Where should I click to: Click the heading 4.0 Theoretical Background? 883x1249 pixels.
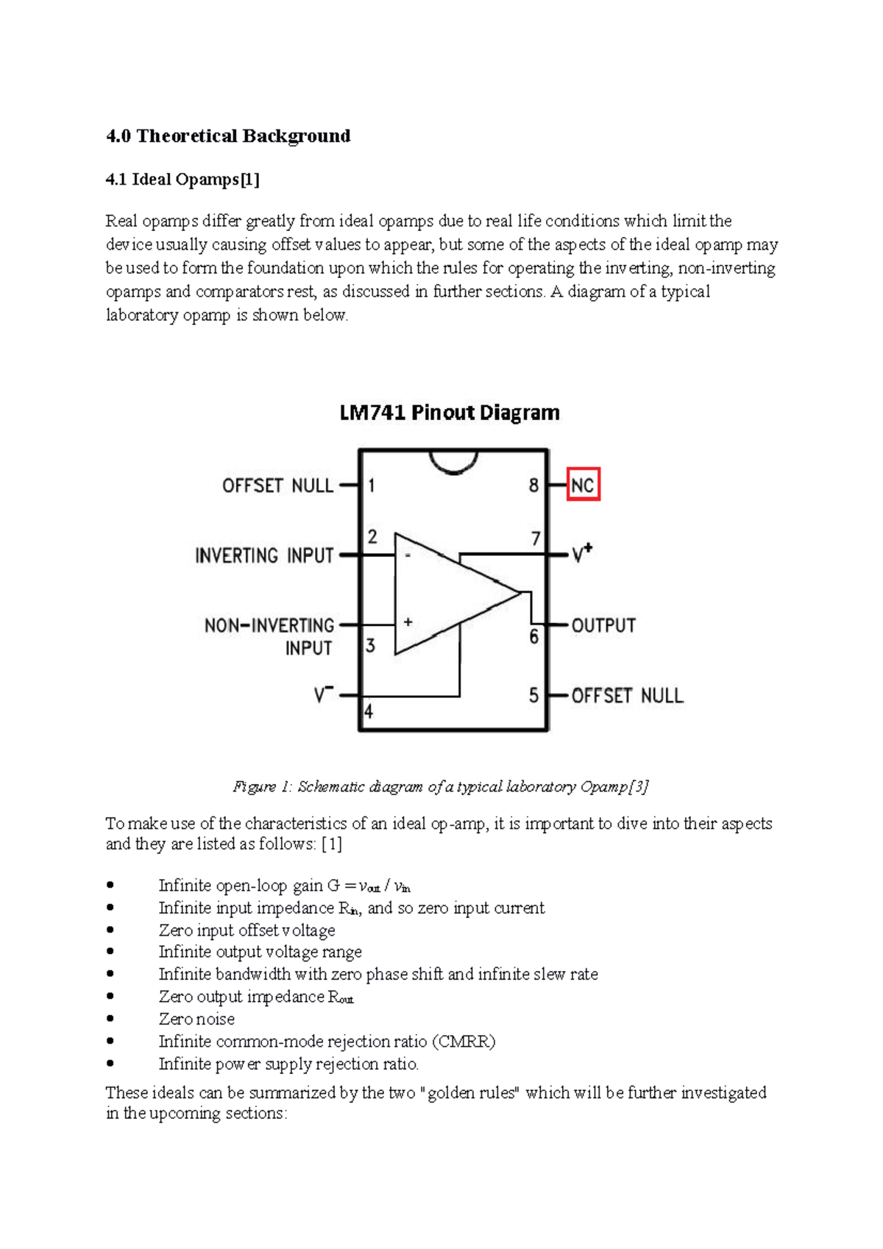[x=228, y=136]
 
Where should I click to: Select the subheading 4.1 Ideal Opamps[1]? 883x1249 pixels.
[x=182, y=179]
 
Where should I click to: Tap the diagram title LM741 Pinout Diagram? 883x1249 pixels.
[x=450, y=413]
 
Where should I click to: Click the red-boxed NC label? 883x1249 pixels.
[x=583, y=485]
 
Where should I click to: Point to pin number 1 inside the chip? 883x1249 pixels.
[x=372, y=485]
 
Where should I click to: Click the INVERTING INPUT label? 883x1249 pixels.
[x=264, y=555]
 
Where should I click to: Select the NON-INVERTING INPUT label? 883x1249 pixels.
[x=270, y=636]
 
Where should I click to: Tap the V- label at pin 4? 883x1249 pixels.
[x=324, y=694]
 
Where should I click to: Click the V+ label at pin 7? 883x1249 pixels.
[x=582, y=553]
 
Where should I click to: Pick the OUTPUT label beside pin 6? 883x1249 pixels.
[x=603, y=626]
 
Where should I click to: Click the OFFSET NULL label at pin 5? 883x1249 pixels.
[x=627, y=696]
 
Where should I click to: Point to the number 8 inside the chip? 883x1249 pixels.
[x=533, y=485]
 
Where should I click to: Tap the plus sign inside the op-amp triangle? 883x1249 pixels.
[x=408, y=622]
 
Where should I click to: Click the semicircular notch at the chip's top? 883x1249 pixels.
[x=453, y=462]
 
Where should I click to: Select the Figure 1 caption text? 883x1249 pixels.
[x=440, y=787]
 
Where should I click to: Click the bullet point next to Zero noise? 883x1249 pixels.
[x=110, y=1019]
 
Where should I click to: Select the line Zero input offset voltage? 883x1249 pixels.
[x=247, y=930]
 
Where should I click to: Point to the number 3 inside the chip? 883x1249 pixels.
[x=371, y=646]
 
